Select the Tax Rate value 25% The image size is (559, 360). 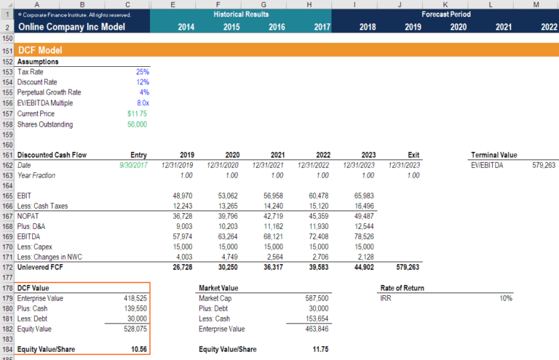coord(142,72)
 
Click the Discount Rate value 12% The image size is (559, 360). coord(142,82)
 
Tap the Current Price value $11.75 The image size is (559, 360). coord(137,113)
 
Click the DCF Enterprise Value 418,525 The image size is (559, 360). coord(135,298)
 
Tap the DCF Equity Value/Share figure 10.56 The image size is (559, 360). coord(138,349)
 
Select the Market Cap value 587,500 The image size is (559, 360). coord(314,298)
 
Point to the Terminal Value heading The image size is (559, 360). coord(495,155)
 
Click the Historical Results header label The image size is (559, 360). coord(241,14)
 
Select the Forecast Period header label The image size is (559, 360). coord(445,14)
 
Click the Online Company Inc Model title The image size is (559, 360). coord(71,27)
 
